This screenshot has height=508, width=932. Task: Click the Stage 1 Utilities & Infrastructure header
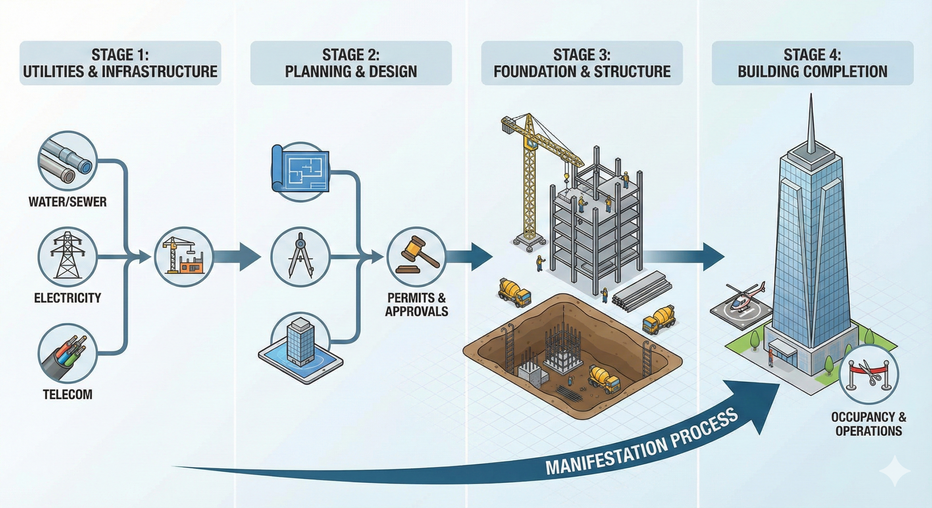(120, 63)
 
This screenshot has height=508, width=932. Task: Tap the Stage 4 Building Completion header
(812, 63)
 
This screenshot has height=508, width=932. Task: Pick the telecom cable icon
(68, 353)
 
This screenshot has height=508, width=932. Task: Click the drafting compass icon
(301, 257)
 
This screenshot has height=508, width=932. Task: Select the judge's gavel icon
(416, 257)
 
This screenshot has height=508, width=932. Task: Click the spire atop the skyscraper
(811, 127)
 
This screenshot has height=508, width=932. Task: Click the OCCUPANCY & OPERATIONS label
(868, 424)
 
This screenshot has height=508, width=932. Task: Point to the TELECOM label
(68, 394)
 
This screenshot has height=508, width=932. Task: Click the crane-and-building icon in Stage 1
(184, 257)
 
